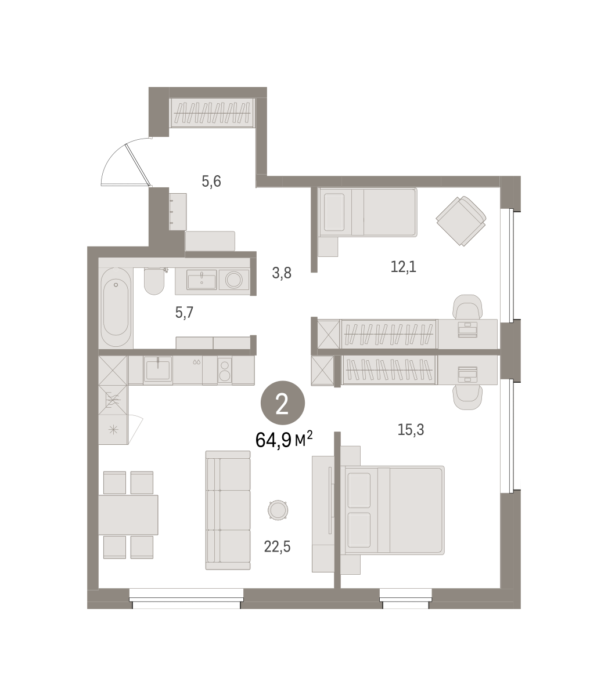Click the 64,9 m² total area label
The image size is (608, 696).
tap(284, 440)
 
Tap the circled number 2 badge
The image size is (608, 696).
tap(282, 403)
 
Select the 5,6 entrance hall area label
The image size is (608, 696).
tap(211, 182)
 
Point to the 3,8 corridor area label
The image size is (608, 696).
tap(281, 273)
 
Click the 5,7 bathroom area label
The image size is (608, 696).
tap(184, 312)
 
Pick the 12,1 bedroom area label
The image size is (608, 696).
tap(403, 267)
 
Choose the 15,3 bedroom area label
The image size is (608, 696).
tap(411, 430)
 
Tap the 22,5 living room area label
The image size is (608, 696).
tap(277, 547)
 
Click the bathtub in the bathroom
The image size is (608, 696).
tap(116, 307)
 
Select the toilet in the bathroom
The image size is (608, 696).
tap(154, 281)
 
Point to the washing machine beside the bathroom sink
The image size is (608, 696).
tap(234, 280)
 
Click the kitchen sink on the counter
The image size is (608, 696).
tap(158, 370)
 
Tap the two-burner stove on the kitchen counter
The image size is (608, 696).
tap(225, 370)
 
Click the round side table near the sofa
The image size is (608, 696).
tap(278, 510)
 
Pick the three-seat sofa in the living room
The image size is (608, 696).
tap(228, 510)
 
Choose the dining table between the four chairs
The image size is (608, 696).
tap(128, 514)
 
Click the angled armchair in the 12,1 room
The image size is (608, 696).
tap(461, 221)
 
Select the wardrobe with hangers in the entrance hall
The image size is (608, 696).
tap(213, 113)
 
